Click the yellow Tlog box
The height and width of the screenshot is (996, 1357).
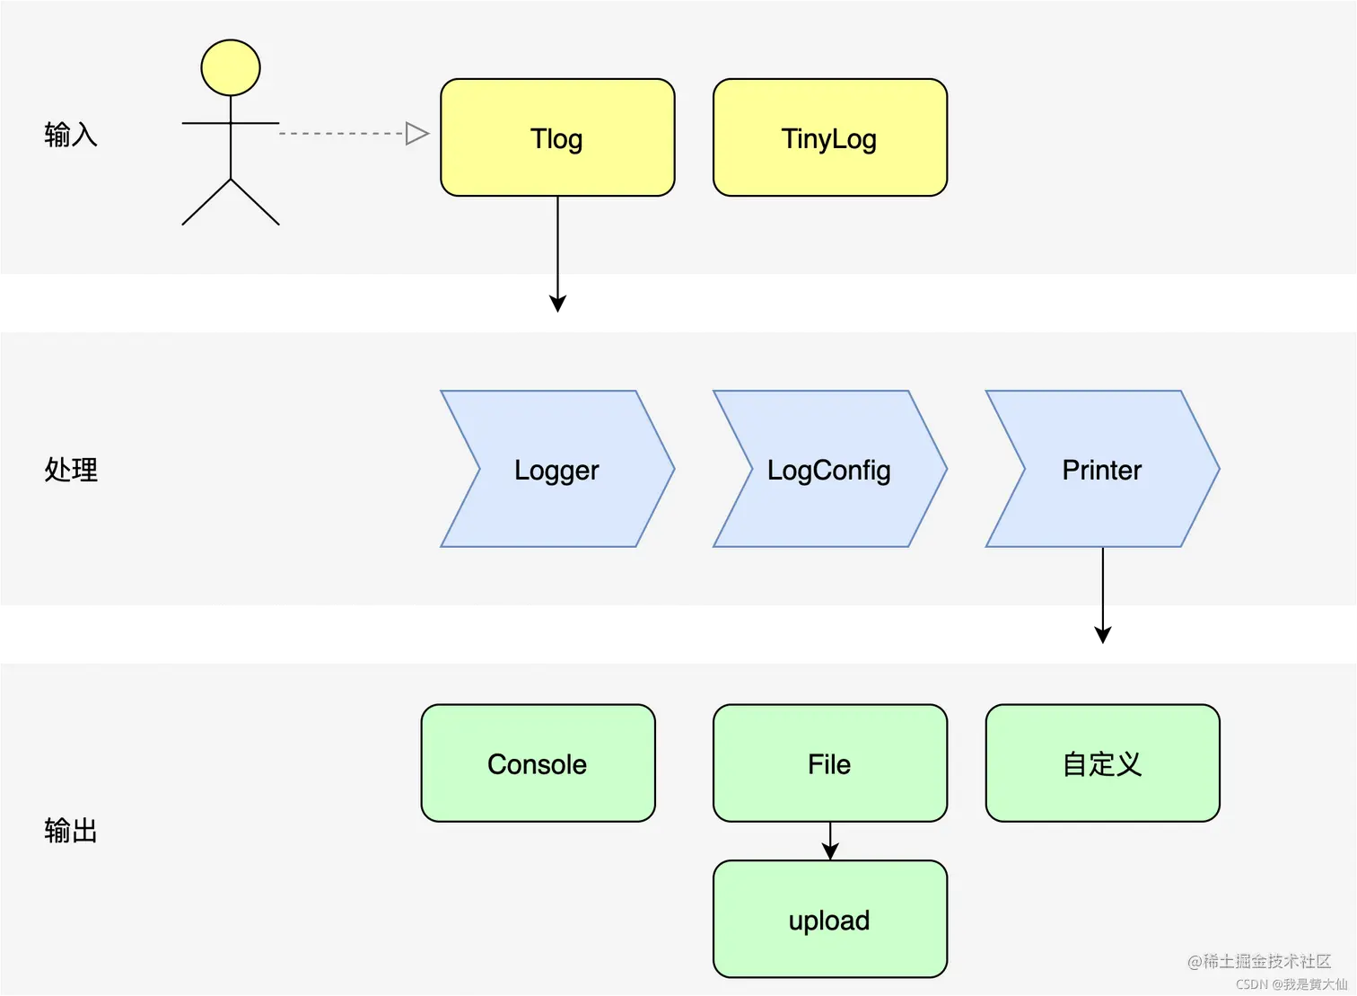(x=557, y=137)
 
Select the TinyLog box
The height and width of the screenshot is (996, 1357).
(x=829, y=137)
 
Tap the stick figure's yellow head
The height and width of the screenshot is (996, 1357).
(x=231, y=67)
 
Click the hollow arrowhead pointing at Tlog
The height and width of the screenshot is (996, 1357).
(x=416, y=134)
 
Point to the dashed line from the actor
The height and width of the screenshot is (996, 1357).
(x=341, y=134)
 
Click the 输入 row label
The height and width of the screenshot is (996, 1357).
(x=71, y=135)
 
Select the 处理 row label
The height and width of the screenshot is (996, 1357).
(x=71, y=470)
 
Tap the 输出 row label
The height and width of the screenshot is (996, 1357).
(x=71, y=831)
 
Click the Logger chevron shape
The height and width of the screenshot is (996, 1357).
(x=557, y=469)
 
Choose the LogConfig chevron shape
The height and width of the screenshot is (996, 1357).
(x=829, y=469)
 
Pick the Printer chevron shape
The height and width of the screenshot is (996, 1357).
(x=1102, y=469)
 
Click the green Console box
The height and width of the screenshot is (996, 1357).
(x=538, y=763)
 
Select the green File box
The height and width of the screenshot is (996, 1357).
(x=829, y=763)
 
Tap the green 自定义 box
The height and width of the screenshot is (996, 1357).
(x=1102, y=763)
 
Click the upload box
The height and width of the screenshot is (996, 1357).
(x=829, y=920)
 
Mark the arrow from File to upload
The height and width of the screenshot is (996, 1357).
(x=830, y=842)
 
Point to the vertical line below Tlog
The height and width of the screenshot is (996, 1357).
(x=557, y=237)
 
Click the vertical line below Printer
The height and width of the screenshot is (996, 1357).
(x=1102, y=578)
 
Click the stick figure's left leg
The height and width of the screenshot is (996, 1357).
(x=206, y=202)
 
